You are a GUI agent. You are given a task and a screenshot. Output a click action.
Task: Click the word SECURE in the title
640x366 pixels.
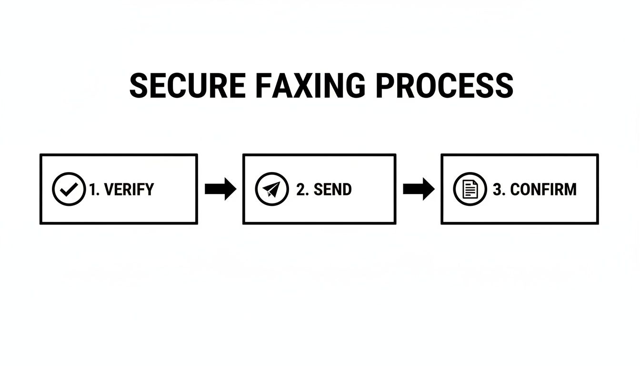(x=187, y=86)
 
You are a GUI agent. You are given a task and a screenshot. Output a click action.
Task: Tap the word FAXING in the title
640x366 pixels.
(x=310, y=86)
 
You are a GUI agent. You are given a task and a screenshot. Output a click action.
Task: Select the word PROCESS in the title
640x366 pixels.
(x=444, y=86)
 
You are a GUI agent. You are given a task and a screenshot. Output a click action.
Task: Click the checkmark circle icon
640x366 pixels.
(x=69, y=189)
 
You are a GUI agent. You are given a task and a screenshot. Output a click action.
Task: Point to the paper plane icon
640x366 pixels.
(x=272, y=189)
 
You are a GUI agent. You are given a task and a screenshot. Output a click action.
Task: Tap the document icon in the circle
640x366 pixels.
(x=470, y=189)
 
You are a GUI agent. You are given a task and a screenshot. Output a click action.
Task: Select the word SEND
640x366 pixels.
(x=332, y=190)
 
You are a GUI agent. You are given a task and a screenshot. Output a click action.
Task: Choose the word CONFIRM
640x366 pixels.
(x=543, y=190)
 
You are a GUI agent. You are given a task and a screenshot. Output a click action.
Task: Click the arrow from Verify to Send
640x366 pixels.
(x=220, y=189)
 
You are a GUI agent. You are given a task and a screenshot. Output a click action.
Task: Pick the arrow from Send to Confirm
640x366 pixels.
(x=419, y=189)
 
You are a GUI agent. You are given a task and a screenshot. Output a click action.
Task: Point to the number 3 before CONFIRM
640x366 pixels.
(x=498, y=190)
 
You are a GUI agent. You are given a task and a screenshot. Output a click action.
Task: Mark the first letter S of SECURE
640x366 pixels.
(x=139, y=86)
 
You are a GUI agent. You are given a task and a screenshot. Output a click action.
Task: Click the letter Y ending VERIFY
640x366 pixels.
(x=149, y=190)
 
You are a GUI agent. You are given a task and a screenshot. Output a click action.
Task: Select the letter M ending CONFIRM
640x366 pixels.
(x=570, y=190)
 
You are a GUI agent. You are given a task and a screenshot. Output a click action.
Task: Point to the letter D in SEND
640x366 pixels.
(x=346, y=190)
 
